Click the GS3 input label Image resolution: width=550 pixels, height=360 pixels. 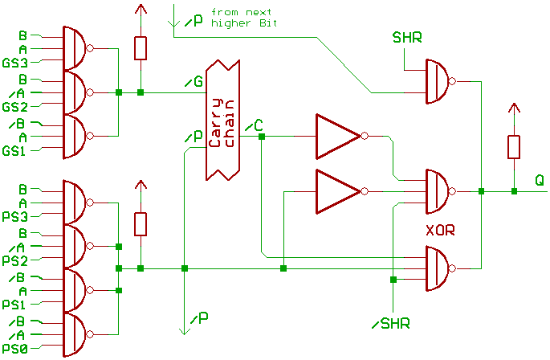point(15,63)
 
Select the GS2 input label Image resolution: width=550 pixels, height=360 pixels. point(15,107)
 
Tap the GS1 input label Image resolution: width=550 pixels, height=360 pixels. point(15,151)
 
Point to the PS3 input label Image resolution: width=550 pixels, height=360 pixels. point(15,217)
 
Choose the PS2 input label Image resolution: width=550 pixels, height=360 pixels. point(15,261)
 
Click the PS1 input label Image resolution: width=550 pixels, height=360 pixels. point(15,305)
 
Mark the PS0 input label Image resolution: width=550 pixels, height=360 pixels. point(15,350)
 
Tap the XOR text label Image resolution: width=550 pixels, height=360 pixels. point(440,230)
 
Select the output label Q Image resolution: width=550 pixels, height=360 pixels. point(540,182)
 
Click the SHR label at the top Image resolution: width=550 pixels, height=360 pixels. point(407,38)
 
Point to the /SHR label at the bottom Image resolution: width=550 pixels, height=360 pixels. point(392,324)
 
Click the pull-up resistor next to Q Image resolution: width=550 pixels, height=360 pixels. point(513,147)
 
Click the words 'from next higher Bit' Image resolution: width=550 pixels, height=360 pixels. point(241,18)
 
